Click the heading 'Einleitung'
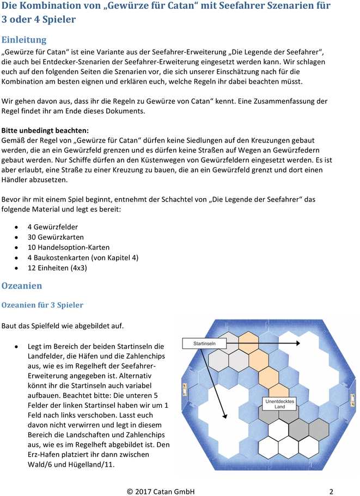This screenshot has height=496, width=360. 24,40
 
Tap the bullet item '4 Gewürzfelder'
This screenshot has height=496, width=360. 52,226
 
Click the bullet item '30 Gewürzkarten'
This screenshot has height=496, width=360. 56,237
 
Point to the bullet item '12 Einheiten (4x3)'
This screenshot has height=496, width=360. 57,268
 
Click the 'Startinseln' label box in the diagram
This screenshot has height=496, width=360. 205,344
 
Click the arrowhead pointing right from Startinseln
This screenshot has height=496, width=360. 297,344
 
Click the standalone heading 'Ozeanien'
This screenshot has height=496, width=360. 22,285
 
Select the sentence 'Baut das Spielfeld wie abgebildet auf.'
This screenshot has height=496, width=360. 63,326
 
